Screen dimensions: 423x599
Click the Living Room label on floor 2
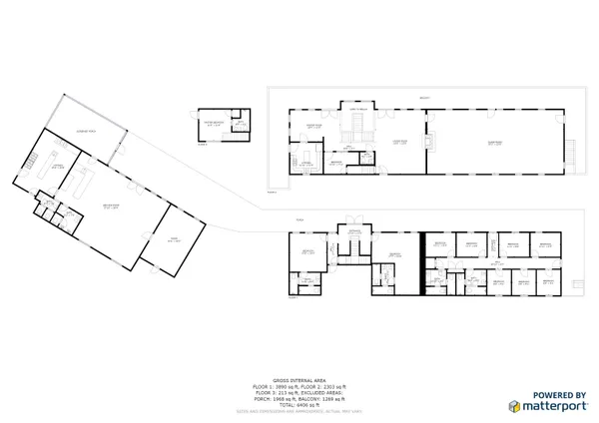click(399, 143)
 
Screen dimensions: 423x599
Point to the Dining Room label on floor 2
click(312, 127)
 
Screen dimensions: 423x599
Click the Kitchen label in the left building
click(58, 167)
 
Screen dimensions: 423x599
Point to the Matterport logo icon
click(514, 406)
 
